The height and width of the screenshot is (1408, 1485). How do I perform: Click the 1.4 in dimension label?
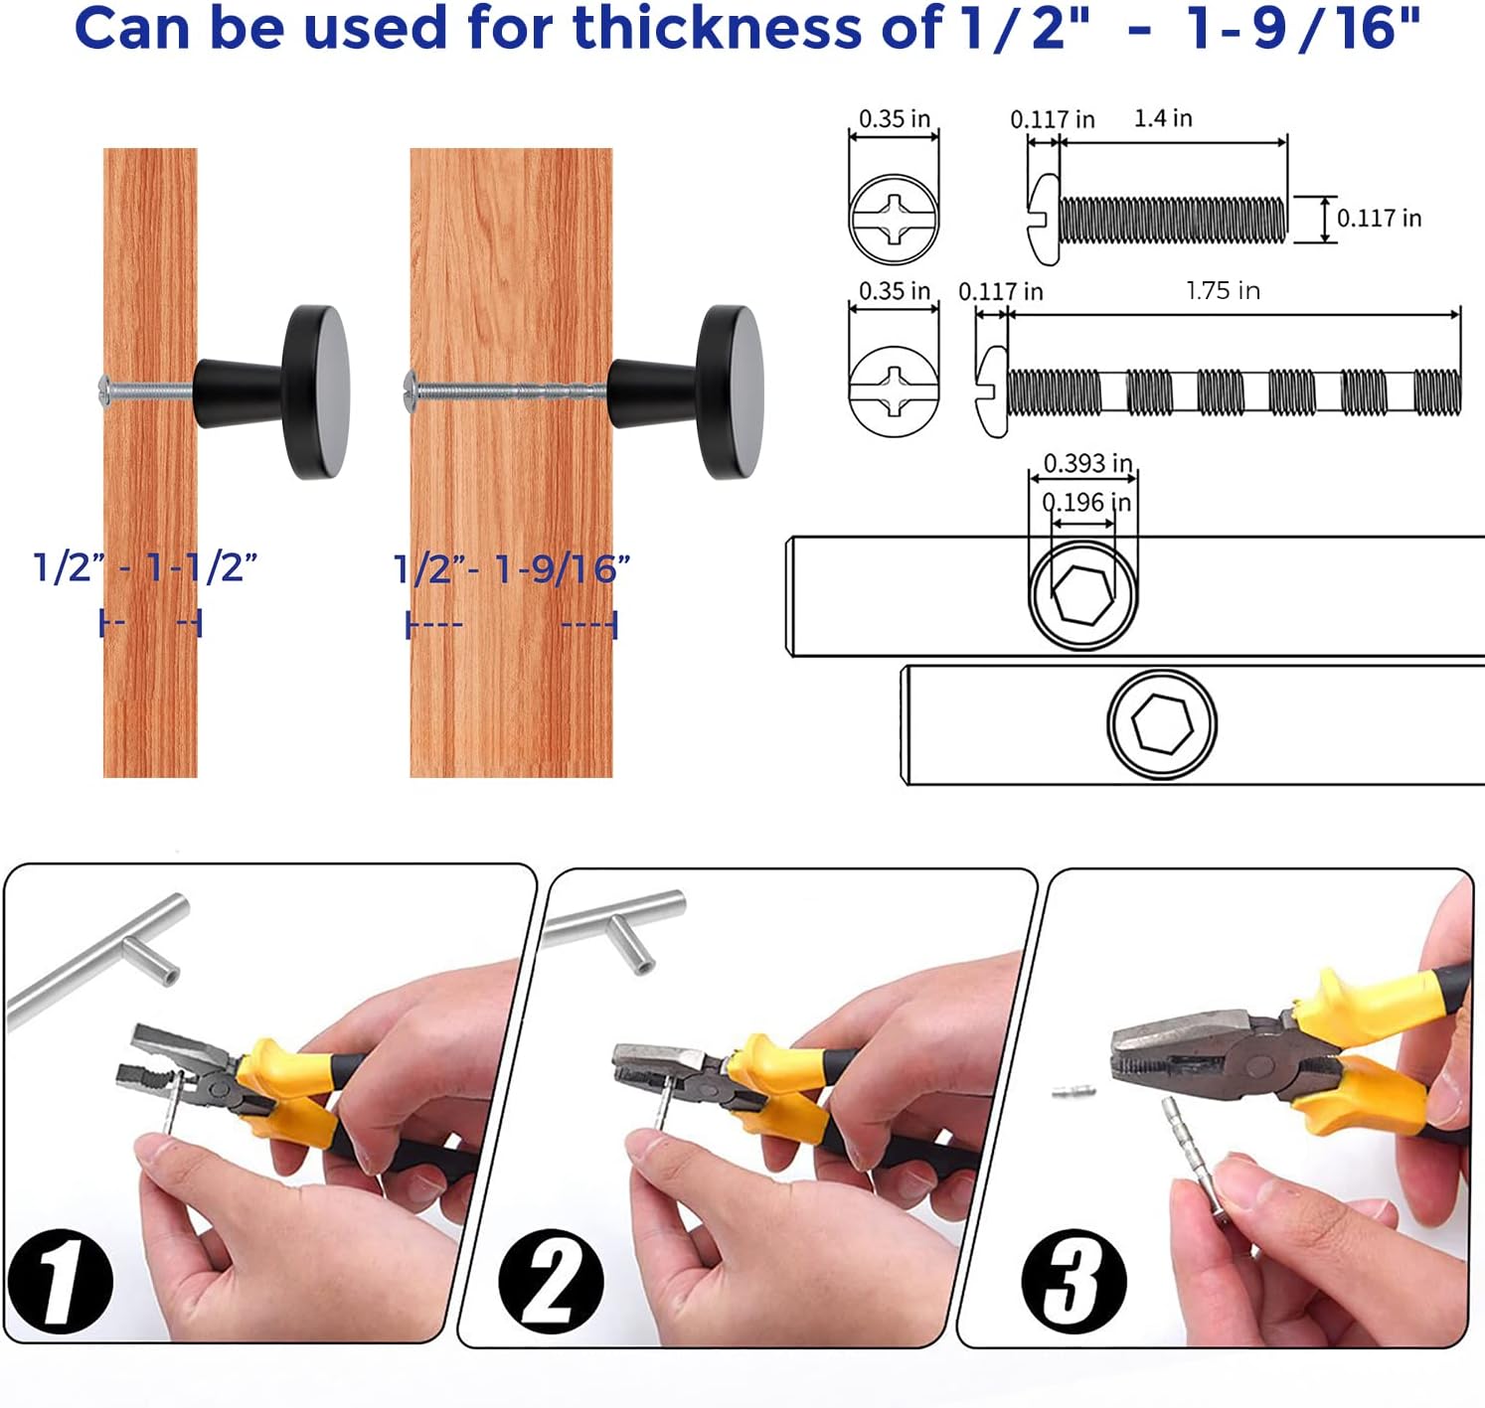coord(1162,118)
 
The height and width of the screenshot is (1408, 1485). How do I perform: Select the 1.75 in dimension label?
coord(1223,291)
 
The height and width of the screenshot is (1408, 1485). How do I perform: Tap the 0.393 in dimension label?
coord(1087,463)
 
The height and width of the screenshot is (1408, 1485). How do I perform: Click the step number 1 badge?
coord(60,1280)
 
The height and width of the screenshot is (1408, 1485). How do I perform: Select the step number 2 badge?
coord(551,1280)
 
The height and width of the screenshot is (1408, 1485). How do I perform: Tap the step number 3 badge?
coord(1073,1280)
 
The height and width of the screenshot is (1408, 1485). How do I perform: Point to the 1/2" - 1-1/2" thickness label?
coord(145,567)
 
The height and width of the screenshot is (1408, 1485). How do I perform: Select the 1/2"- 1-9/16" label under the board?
coord(512,569)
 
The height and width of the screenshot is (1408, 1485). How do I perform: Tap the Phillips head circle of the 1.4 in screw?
coord(894,219)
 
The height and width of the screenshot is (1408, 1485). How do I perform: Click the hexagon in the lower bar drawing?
coord(1162,722)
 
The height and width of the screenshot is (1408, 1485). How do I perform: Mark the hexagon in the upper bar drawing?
coord(1082,596)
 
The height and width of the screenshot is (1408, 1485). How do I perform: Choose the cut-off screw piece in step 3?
coord(1072,1091)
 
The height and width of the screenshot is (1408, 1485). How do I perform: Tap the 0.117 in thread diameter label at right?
coord(1379,219)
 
